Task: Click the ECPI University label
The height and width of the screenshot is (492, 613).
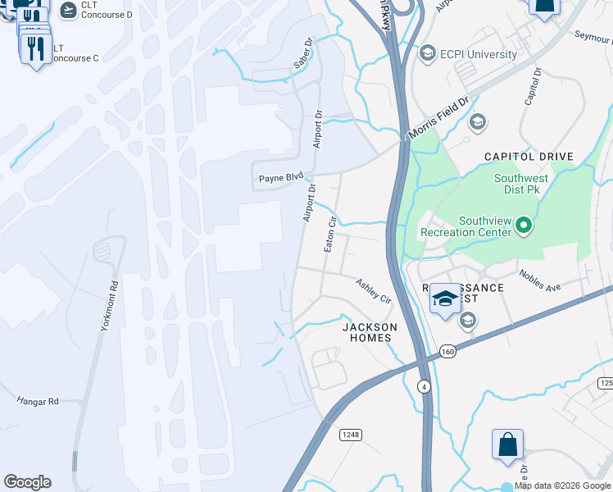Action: [x=479, y=55]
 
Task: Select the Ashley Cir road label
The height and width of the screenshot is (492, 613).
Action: [x=373, y=291]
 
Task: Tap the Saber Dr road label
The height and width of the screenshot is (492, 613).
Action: [x=303, y=53]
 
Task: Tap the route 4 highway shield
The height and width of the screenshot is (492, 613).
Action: [x=424, y=385]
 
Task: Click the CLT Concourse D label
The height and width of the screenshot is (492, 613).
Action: [x=107, y=10]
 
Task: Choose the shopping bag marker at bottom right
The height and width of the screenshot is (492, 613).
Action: [x=507, y=444]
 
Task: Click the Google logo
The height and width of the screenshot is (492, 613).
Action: [x=27, y=482]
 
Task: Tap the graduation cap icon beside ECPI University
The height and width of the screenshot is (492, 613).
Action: [x=426, y=54]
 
